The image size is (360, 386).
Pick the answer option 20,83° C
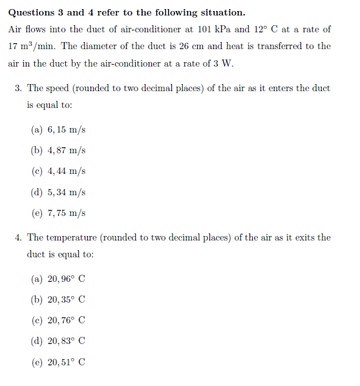click(67, 341)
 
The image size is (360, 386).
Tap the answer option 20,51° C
click(67, 362)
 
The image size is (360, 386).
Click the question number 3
click(18, 88)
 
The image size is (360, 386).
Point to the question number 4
click(18, 237)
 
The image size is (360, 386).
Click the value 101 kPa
click(211, 29)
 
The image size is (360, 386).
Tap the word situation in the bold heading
click(223, 12)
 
